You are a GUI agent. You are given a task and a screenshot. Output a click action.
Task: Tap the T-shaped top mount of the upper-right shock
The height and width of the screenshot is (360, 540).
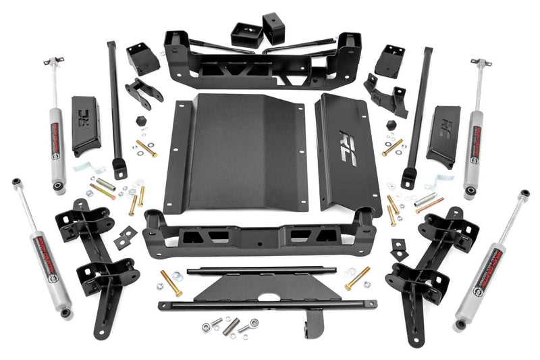pyautogui.click(x=480, y=63)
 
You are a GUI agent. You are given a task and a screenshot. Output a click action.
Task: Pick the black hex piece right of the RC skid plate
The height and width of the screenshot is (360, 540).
pyautogui.click(x=391, y=125)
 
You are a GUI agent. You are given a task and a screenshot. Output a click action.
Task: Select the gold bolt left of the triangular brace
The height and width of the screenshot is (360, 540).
pyautogui.click(x=171, y=282)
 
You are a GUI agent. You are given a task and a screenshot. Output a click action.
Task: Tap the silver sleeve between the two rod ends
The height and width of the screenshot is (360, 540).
pyautogui.click(x=232, y=326)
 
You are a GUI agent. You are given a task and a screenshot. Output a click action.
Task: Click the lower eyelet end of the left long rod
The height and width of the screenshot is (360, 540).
pyautogui.click(x=119, y=167)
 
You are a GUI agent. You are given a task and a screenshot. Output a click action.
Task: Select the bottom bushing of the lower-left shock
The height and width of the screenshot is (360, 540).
pyautogui.click(x=65, y=312)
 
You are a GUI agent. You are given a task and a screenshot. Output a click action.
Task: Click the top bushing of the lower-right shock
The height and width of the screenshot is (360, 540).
pyautogui.click(x=524, y=195)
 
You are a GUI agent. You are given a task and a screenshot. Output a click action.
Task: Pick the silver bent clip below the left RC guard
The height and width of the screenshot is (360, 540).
pyautogui.click(x=82, y=167)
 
